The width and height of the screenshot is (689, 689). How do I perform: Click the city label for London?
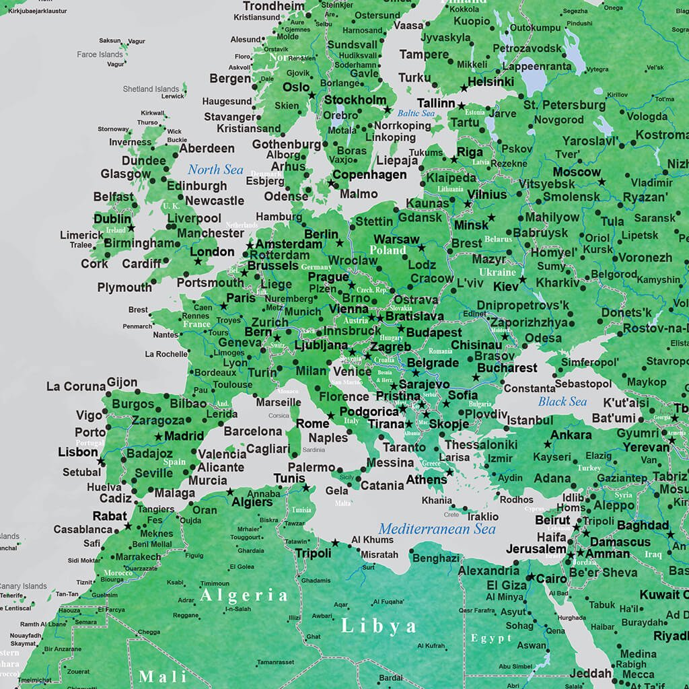213,252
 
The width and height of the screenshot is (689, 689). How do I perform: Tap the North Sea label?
215,170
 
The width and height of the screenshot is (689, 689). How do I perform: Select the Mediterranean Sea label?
437,529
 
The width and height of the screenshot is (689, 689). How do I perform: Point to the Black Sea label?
562,402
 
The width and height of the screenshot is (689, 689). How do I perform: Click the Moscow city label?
577,172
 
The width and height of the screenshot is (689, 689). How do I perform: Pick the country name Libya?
379,626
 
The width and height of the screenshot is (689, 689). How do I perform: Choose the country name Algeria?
244,595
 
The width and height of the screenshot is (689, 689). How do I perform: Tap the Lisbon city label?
78,452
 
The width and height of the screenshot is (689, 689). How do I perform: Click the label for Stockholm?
355,100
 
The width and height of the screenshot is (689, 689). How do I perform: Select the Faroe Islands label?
100,55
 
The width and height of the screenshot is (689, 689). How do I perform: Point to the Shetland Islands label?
151,89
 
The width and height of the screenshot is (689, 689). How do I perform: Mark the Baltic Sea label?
415,114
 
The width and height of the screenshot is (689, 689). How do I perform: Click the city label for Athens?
426,480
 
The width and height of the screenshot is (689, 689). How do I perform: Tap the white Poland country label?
388,250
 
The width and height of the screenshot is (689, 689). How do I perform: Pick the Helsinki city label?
491,81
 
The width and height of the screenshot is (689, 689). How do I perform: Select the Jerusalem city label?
536,549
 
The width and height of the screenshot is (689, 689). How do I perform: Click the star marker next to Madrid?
158,437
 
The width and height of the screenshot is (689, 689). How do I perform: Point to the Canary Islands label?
23,586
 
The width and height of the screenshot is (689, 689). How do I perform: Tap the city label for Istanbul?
530,421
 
